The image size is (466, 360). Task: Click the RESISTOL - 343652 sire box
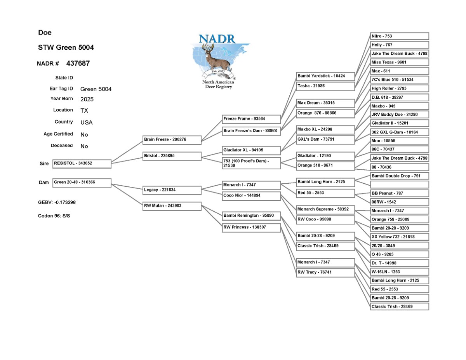point(82,164)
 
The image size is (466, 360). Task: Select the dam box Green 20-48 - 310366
point(82,183)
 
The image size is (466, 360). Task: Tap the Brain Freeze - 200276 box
point(172,140)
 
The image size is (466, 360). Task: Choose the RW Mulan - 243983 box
point(172,206)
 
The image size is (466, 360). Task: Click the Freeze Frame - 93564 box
point(251,119)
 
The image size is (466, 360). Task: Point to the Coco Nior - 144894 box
point(251,196)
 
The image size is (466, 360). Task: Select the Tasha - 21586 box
point(325,86)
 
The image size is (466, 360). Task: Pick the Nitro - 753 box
point(400,36)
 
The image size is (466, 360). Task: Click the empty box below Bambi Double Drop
point(400,184)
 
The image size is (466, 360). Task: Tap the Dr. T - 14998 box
point(400,263)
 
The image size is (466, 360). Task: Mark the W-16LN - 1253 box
point(400,272)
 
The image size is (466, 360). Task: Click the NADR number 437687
point(78,63)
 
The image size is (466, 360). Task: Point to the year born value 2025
point(87,99)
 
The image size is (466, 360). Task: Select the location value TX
point(84,110)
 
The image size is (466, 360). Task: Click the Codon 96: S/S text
point(54,216)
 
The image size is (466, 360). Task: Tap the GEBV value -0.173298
point(65,202)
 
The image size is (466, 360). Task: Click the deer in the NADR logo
point(217,58)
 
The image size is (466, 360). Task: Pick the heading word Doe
point(45,32)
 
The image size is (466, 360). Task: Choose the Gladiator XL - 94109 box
point(251,151)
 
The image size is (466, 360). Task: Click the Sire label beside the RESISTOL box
point(44,163)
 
